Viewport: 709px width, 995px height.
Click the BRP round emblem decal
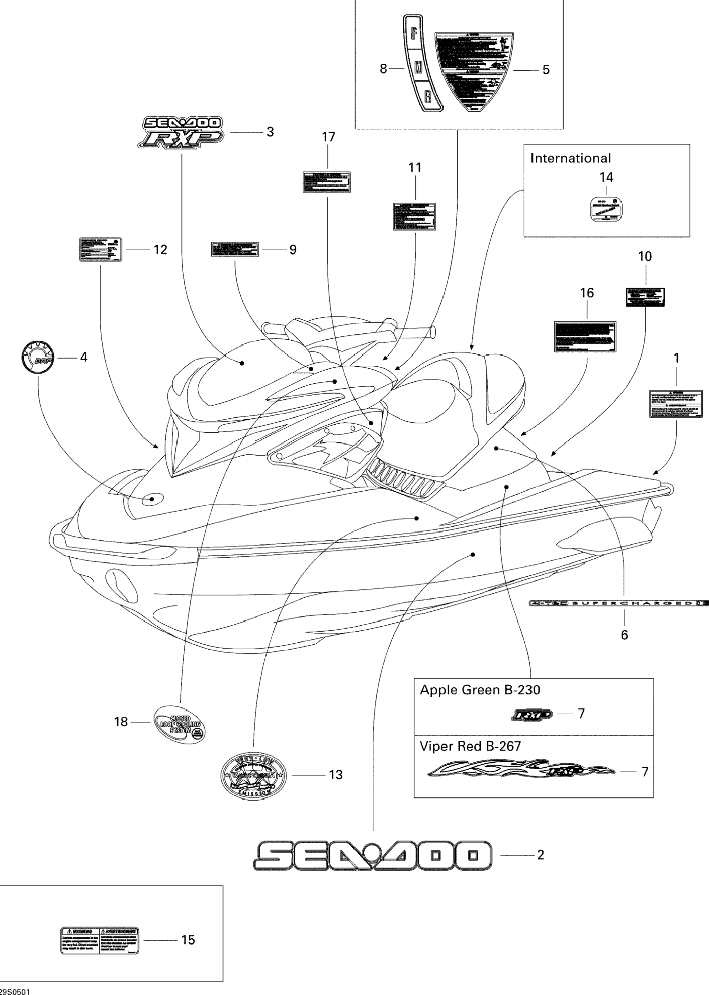[x=37, y=357]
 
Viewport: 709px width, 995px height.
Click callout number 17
[x=328, y=137]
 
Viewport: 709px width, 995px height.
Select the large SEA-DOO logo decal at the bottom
[x=372, y=855]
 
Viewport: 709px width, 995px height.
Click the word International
[x=570, y=158]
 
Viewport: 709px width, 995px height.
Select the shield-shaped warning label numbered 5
[x=474, y=70]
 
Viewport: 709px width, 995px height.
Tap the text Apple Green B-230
[x=480, y=690]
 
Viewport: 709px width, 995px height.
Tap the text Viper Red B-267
[x=470, y=746]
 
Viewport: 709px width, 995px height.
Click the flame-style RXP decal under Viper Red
[x=522, y=771]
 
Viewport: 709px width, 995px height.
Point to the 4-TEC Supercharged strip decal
[x=618, y=603]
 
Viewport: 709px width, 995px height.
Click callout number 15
[x=188, y=940]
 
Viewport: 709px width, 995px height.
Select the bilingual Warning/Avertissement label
[x=99, y=940]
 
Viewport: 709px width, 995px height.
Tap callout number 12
[x=160, y=249]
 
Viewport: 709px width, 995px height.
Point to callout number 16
[x=587, y=293]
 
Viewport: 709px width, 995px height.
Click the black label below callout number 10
[x=645, y=297]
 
